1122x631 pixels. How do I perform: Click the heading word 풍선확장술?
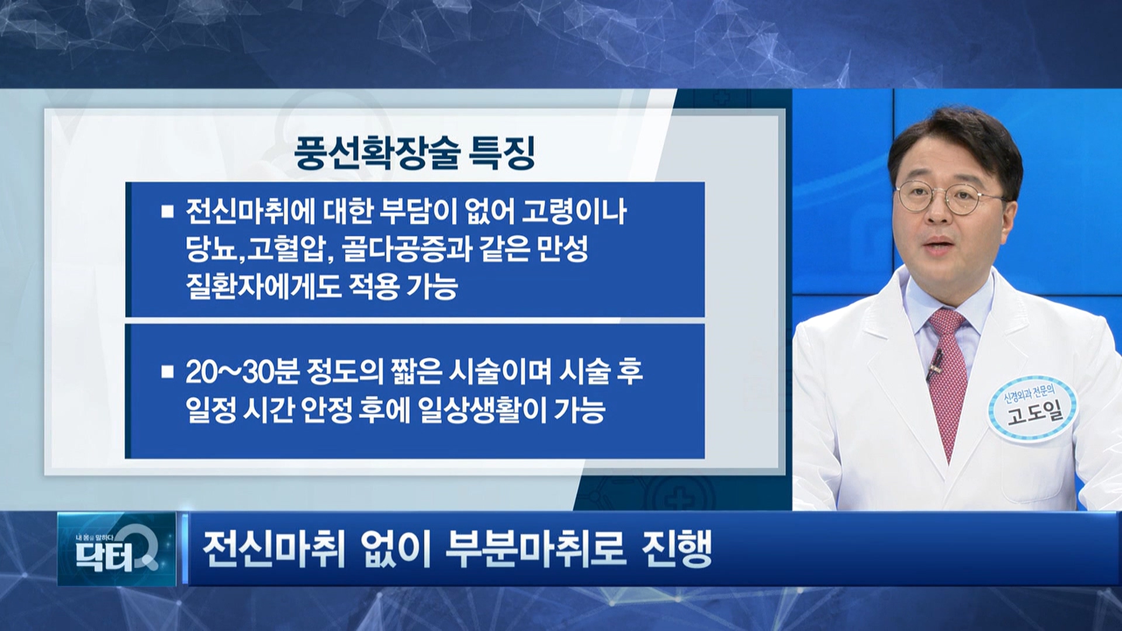[x=375, y=153]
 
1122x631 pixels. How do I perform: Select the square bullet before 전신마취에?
[x=168, y=211]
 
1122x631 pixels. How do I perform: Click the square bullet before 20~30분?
[x=168, y=372]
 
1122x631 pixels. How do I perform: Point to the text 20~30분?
[x=243, y=372]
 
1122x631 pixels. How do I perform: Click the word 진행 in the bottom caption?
[x=677, y=550]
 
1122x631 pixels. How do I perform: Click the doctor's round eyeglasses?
[x=949, y=197]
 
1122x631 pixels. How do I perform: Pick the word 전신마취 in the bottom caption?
[x=274, y=550]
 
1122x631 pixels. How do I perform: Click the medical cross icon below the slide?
[x=683, y=497]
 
